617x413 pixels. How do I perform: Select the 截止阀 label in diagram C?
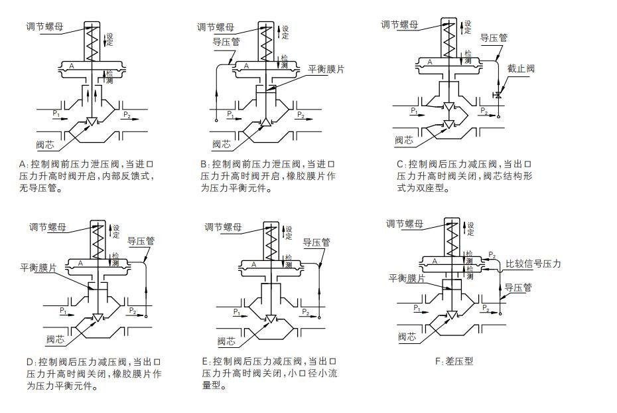[521, 68]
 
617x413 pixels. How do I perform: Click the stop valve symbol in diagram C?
[499, 96]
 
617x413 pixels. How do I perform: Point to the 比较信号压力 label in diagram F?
[533, 264]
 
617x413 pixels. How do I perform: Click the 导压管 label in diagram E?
[316, 242]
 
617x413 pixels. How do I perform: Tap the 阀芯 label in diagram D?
[55, 340]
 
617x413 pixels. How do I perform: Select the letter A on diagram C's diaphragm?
[430, 62]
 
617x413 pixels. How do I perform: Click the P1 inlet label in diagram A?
[56, 114]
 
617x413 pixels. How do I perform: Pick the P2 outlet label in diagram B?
[301, 116]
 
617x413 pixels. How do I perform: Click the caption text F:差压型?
[454, 361]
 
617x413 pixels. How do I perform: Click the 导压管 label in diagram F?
[519, 288]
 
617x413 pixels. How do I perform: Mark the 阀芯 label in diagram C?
[404, 140]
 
